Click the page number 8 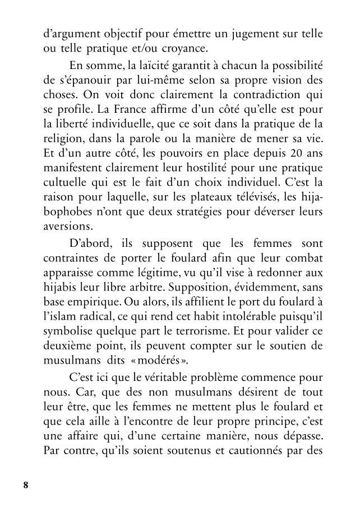[x=25, y=485]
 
